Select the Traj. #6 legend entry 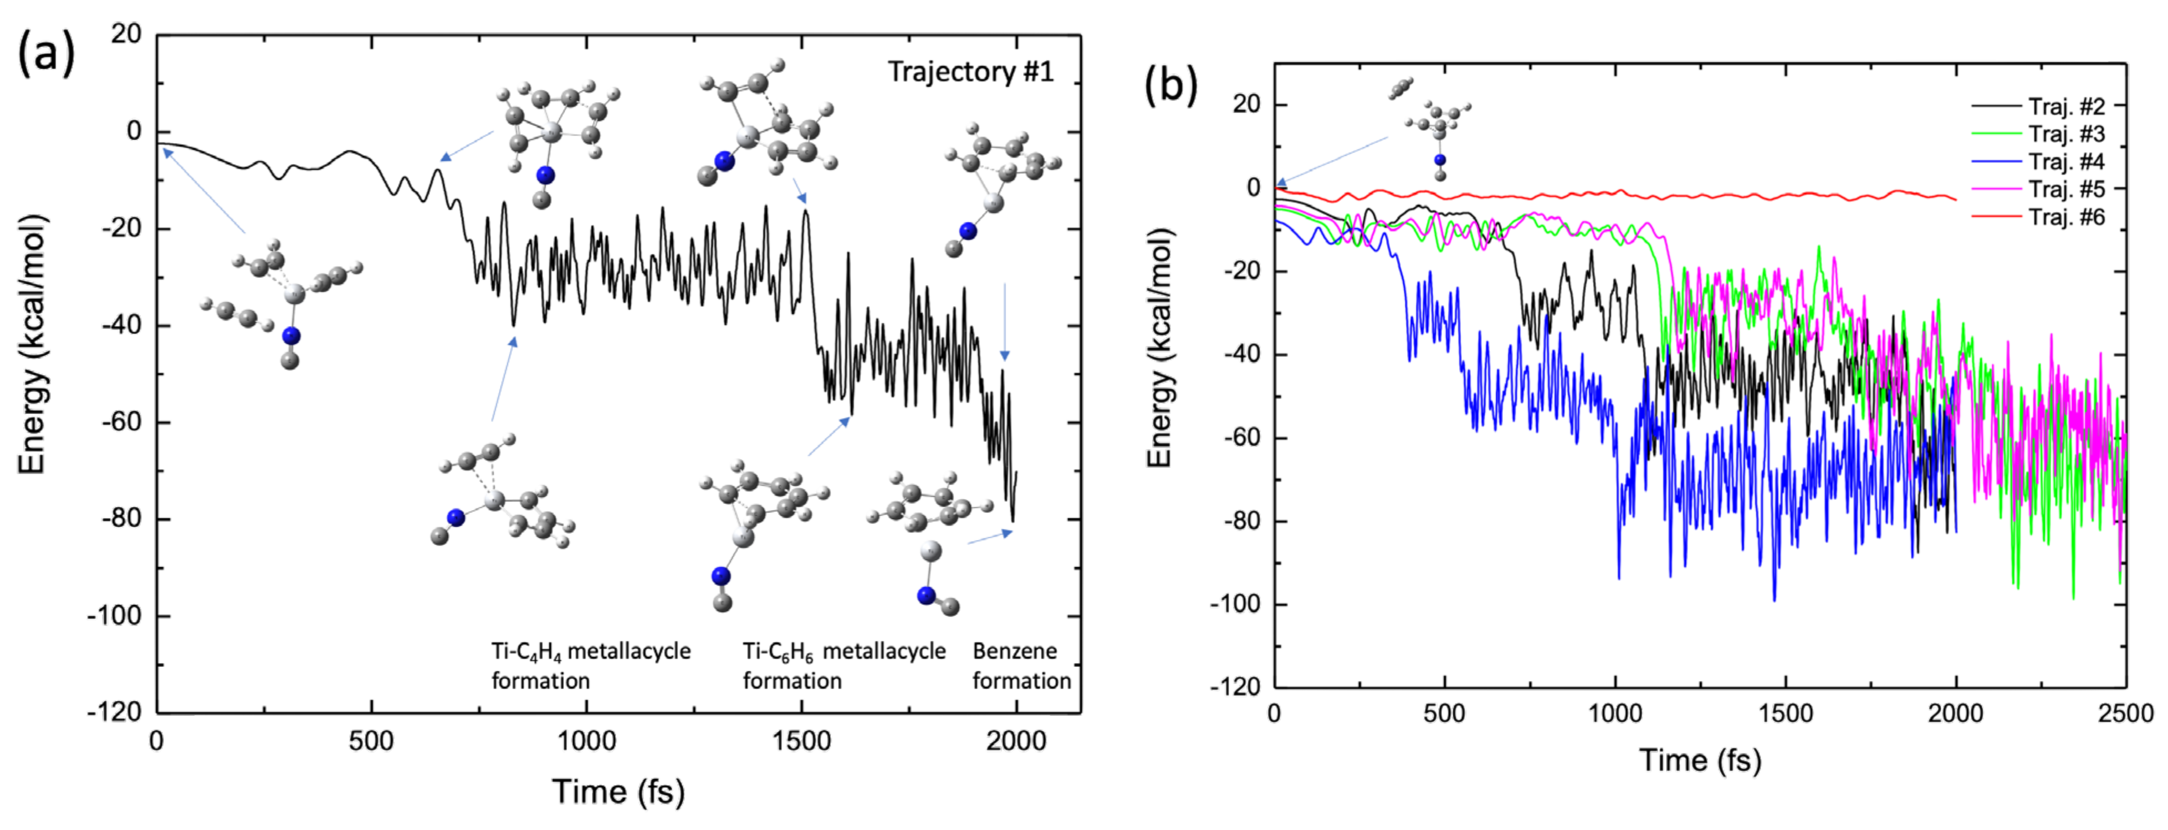pyautogui.click(x=2066, y=217)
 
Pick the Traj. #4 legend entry pyautogui.click(x=2066, y=162)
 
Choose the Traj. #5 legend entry pyautogui.click(x=2066, y=190)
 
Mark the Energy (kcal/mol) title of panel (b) pyautogui.click(x=1160, y=348)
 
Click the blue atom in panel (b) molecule pyautogui.click(x=1440, y=160)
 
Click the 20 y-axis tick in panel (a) pyautogui.click(x=126, y=34)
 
